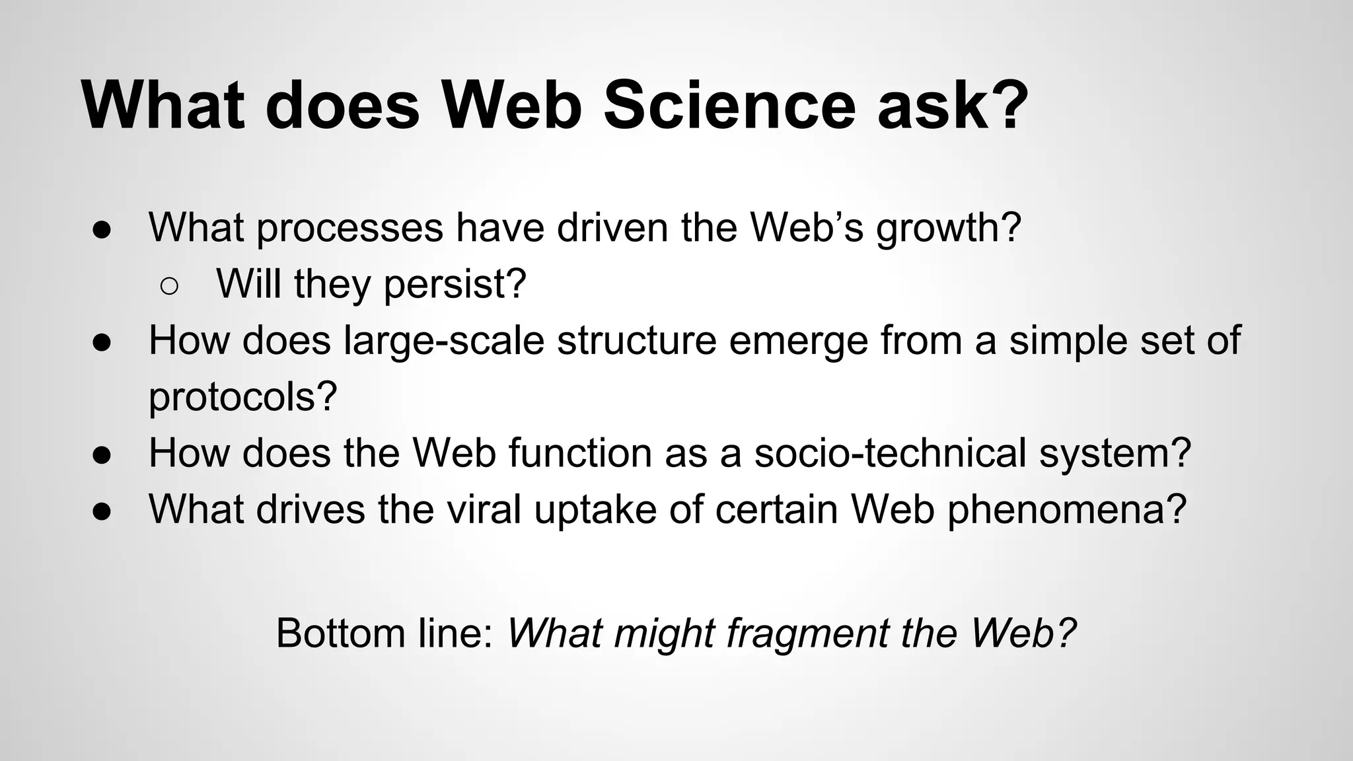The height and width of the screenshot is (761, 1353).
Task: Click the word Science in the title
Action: click(x=730, y=106)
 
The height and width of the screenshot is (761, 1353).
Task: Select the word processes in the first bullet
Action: click(x=350, y=229)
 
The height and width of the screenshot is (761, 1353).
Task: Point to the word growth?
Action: click(x=949, y=229)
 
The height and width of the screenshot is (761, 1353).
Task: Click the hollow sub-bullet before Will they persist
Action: click(x=169, y=285)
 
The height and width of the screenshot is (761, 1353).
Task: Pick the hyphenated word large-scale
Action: click(x=444, y=341)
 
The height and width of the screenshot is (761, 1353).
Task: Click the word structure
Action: click(x=636, y=341)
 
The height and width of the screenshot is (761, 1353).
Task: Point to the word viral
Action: click(x=485, y=509)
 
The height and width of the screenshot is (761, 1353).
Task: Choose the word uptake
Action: click(x=595, y=511)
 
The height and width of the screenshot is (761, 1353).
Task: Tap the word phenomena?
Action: click(x=1067, y=511)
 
